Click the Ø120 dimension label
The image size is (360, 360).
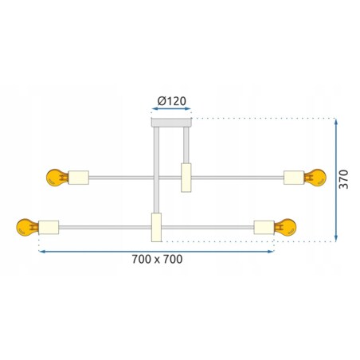171,101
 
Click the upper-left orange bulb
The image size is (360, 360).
56,177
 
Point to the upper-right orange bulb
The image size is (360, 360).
315,177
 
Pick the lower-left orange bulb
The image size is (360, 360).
26,229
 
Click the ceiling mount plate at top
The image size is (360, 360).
171,121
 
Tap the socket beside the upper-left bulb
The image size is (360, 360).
79,177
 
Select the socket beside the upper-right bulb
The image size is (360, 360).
293,177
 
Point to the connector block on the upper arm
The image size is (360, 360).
186,177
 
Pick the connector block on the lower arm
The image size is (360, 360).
156,227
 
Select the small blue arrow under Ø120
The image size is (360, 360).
171,112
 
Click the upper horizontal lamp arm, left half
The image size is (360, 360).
119,177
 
